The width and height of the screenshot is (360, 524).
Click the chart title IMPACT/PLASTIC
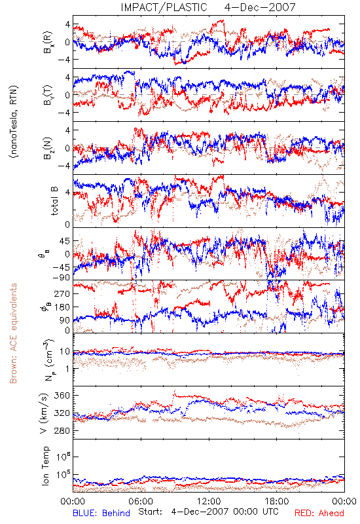[x=164, y=7]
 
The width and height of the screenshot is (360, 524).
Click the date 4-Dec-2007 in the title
[x=260, y=7]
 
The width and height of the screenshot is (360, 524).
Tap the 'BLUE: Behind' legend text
[x=101, y=513]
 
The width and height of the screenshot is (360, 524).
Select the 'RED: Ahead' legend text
[x=319, y=513]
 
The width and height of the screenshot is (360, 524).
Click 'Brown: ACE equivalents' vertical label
[x=13, y=333]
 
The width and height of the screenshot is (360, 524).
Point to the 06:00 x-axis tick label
[x=141, y=501]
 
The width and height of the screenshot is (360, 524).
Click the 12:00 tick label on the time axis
[x=209, y=501]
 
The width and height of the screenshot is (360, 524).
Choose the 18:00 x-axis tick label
[x=277, y=501]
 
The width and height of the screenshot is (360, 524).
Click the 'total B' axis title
[x=54, y=200]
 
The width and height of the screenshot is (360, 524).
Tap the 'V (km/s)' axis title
[x=44, y=413]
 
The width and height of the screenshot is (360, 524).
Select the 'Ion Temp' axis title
[x=45, y=466]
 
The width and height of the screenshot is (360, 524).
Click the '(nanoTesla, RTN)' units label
[x=14, y=121]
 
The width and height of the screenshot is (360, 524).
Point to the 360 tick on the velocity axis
[x=62, y=396]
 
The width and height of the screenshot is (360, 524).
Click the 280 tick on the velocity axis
[x=62, y=431]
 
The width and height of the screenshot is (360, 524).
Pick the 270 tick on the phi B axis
[x=62, y=293]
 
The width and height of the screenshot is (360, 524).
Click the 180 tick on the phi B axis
[x=62, y=307]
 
